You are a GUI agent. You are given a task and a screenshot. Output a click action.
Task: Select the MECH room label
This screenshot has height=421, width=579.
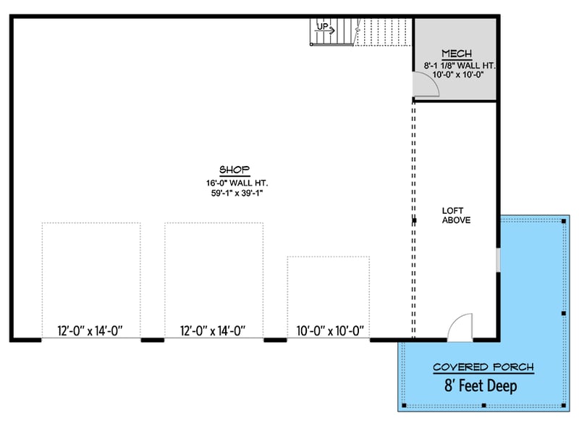(x=457, y=54)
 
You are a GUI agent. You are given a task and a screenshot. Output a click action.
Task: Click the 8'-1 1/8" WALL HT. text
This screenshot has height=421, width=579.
(x=457, y=65)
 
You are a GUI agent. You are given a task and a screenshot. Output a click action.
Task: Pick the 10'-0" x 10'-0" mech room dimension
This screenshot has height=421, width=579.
(x=457, y=75)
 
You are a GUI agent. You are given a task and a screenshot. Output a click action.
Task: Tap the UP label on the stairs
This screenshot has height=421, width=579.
(x=322, y=27)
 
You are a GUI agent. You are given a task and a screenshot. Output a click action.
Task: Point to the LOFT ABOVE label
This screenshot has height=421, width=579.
(x=457, y=215)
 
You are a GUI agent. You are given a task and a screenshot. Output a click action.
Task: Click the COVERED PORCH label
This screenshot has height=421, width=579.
(x=483, y=367)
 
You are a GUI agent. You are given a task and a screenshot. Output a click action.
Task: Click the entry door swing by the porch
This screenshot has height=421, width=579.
(x=460, y=327)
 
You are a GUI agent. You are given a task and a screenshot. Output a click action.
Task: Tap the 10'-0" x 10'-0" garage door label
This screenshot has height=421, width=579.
(x=329, y=331)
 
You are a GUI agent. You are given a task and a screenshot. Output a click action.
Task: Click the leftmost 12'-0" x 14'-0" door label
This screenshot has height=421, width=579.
(x=90, y=331)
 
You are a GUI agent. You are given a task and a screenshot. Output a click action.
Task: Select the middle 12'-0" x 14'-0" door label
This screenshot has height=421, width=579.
(x=214, y=331)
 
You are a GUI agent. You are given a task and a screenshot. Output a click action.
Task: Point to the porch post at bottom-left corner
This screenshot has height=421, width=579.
(x=402, y=404)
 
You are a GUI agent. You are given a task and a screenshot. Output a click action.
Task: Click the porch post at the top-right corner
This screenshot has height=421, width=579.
(x=563, y=220)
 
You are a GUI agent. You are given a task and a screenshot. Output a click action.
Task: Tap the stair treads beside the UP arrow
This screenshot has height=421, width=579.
(x=376, y=33)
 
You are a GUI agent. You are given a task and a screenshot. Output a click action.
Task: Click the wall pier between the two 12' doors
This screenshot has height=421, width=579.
(x=152, y=338)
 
